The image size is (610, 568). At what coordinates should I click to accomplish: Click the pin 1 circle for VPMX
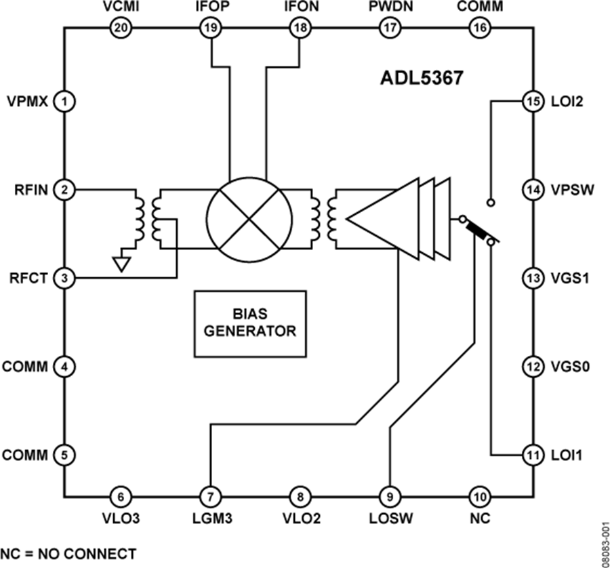click(x=64, y=102)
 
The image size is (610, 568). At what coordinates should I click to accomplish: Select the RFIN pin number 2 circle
click(x=64, y=190)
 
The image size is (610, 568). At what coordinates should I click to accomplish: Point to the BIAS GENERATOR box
click(x=250, y=323)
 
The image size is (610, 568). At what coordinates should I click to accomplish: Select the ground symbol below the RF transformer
click(x=122, y=263)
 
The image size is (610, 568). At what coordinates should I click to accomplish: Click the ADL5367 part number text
click(x=421, y=78)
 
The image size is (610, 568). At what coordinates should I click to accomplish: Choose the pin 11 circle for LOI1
click(x=531, y=453)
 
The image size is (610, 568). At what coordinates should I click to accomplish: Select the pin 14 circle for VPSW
click(x=531, y=190)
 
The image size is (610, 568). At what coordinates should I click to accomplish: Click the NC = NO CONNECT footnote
click(x=68, y=553)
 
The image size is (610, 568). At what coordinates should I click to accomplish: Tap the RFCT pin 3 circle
click(x=64, y=278)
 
